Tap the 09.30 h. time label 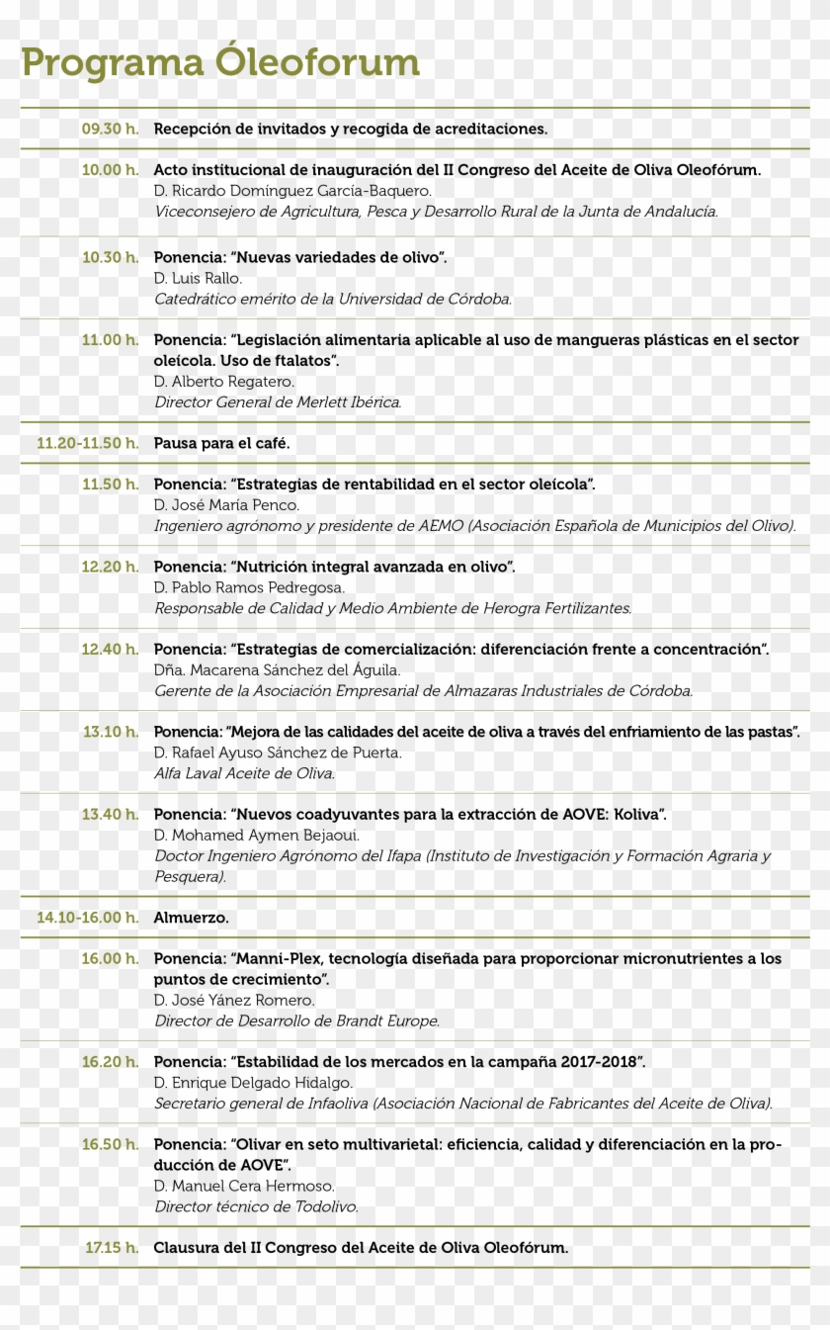click(110, 129)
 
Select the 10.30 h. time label click(110, 257)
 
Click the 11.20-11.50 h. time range click(88, 443)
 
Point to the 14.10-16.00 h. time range click(88, 918)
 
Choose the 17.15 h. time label click(112, 1248)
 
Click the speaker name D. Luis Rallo click(198, 278)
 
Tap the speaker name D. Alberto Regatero click(224, 381)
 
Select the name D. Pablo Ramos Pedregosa click(249, 587)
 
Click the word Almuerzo click(191, 918)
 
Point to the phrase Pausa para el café click(221, 443)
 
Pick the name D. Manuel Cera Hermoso click(244, 1186)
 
